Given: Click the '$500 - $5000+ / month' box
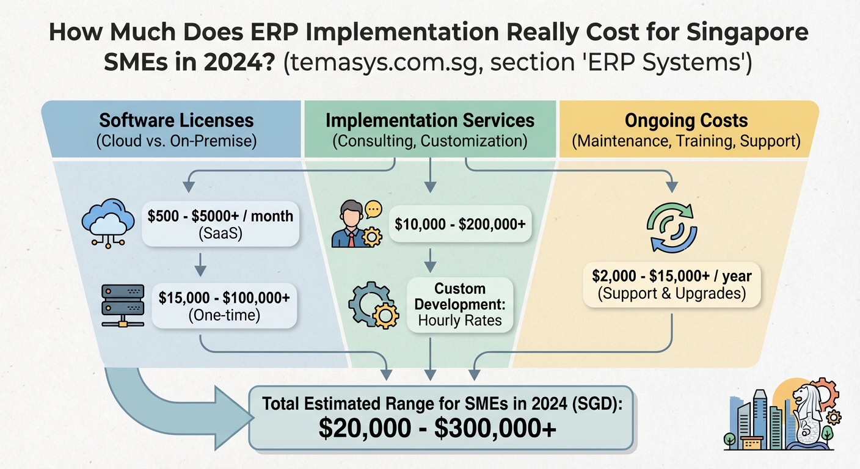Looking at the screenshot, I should pos(220,224).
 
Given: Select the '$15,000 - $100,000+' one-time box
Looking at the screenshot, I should pos(224,306).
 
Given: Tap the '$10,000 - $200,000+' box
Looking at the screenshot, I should pos(460,224).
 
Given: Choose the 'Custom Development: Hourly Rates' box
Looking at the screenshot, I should pos(459,304).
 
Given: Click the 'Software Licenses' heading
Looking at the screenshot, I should pos(177,120).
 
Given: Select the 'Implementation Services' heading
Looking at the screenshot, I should pos(430,120).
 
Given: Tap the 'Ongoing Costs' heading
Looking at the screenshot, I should pos(686,120).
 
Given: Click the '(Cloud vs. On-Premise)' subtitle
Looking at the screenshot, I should pos(177,140).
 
